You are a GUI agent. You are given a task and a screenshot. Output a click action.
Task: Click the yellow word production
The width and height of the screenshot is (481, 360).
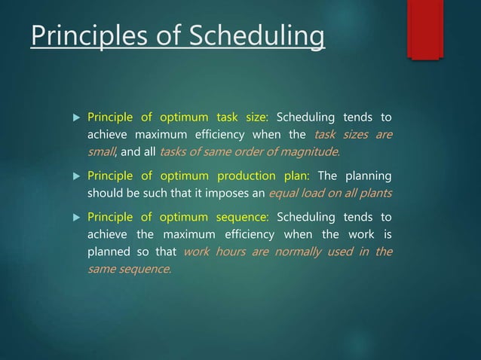(246, 176)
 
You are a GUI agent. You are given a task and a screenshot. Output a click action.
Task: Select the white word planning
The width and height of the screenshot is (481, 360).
(369, 176)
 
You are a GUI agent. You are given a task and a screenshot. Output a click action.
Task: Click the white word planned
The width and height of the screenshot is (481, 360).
(109, 252)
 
